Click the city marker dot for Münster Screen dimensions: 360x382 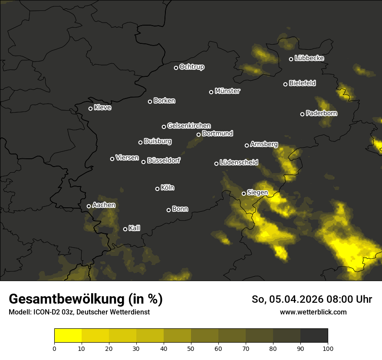[211, 92]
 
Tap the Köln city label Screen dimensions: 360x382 [168, 188]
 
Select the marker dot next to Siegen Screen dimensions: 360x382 [244, 193]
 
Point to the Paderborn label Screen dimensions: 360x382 [322, 113]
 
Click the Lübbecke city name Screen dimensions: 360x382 [309, 58]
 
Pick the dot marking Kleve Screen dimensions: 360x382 [90, 108]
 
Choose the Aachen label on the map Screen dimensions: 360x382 [104, 205]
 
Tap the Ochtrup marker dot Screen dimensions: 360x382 [176, 68]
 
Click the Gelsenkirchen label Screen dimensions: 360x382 [189, 126]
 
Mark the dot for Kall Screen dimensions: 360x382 [125, 229]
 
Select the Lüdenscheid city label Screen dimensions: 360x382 [239, 163]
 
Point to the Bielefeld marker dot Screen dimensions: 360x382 [285, 84]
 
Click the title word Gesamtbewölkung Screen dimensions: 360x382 [66, 299]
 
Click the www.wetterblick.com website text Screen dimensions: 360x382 [313, 312]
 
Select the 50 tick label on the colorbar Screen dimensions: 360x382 [191, 348]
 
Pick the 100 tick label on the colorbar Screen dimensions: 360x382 [328, 348]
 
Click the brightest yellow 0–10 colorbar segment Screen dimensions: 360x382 [68, 336]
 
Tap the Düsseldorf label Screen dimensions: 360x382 [164, 160]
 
